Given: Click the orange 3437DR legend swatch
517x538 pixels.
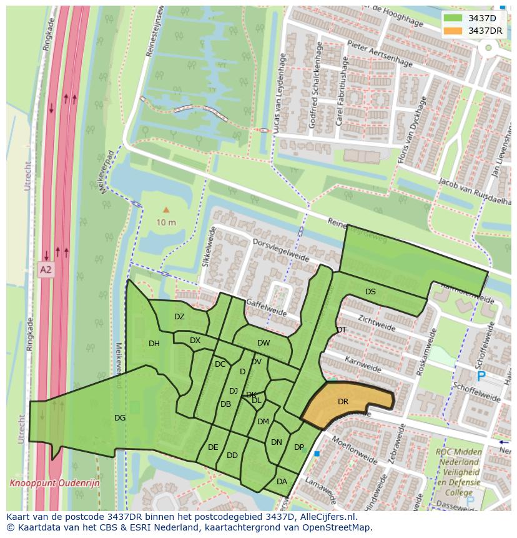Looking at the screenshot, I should tap(453, 31).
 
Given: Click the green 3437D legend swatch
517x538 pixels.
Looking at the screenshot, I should tap(453, 18).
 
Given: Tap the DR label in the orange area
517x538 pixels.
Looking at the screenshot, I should tap(343, 402).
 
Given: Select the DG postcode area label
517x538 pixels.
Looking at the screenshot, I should tap(120, 418).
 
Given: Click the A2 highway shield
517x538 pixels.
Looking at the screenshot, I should tap(46, 270).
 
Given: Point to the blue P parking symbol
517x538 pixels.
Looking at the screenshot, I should tap(481, 376).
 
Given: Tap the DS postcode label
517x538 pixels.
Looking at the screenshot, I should tap(370, 292).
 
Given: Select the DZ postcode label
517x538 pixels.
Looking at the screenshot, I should tap(179, 317).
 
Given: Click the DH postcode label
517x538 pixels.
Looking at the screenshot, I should tap(154, 344).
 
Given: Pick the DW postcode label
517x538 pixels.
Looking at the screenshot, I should tap(263, 343).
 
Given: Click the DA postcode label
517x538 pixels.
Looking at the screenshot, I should tap(282, 481).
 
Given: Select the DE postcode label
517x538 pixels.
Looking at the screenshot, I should tap(213, 447).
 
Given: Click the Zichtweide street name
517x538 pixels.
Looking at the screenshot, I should tap(377, 322).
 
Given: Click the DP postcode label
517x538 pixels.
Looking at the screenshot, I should tap(299, 447).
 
